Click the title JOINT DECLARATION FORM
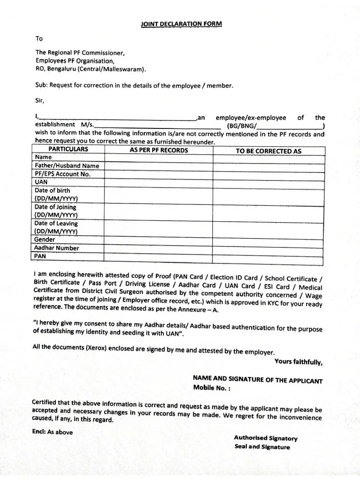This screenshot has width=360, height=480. coord(181,23)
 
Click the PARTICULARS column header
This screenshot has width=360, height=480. coord(68,150)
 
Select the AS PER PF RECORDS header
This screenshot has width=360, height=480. coord(158,150)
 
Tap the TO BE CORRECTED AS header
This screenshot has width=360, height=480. coord(268,151)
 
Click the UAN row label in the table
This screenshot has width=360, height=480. coord(41,182)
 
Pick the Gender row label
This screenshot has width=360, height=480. coord(45,240)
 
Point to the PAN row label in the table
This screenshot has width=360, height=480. coord(40,256)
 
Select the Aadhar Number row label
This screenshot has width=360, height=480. coord(57,248)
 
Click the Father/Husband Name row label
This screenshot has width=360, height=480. coord(67,165)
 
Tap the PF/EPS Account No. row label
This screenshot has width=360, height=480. coord(62,174)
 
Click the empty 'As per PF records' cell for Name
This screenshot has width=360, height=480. coord(158,158)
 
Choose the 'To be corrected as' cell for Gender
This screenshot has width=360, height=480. coord(268,240)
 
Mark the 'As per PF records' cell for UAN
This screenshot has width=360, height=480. coord(158,183)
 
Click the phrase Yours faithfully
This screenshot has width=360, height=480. coord(298,362)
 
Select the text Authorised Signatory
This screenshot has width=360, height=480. coord(266,438)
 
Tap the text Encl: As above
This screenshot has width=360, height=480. coord(53,432)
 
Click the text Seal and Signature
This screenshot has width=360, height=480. coord(262,447)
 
